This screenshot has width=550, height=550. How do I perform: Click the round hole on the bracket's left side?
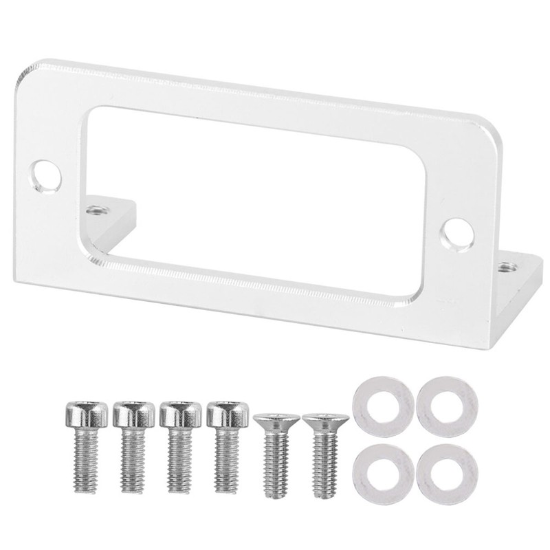(45, 171)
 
